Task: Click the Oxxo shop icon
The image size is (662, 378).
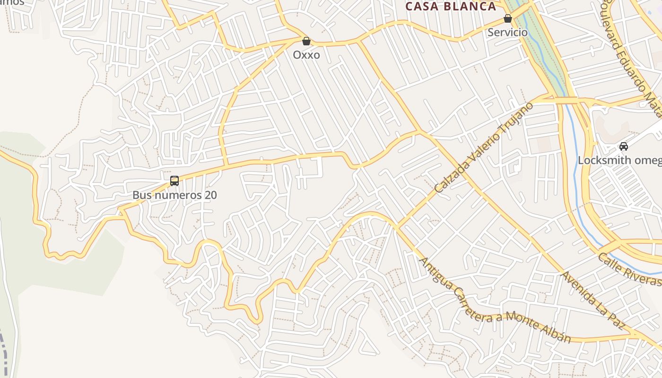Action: point(306,41)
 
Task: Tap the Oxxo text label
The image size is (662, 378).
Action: point(306,55)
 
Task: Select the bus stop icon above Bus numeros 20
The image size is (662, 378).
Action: point(174,180)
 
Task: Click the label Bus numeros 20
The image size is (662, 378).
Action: point(174,195)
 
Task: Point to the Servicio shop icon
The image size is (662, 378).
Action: point(507,19)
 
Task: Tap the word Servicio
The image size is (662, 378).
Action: point(507,32)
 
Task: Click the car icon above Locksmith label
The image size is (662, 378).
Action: point(624,146)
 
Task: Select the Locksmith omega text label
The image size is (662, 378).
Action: point(620,160)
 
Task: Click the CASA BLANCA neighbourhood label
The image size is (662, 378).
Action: point(451,6)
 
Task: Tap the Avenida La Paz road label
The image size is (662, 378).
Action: point(594,301)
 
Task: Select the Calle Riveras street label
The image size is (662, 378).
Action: point(629,270)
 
